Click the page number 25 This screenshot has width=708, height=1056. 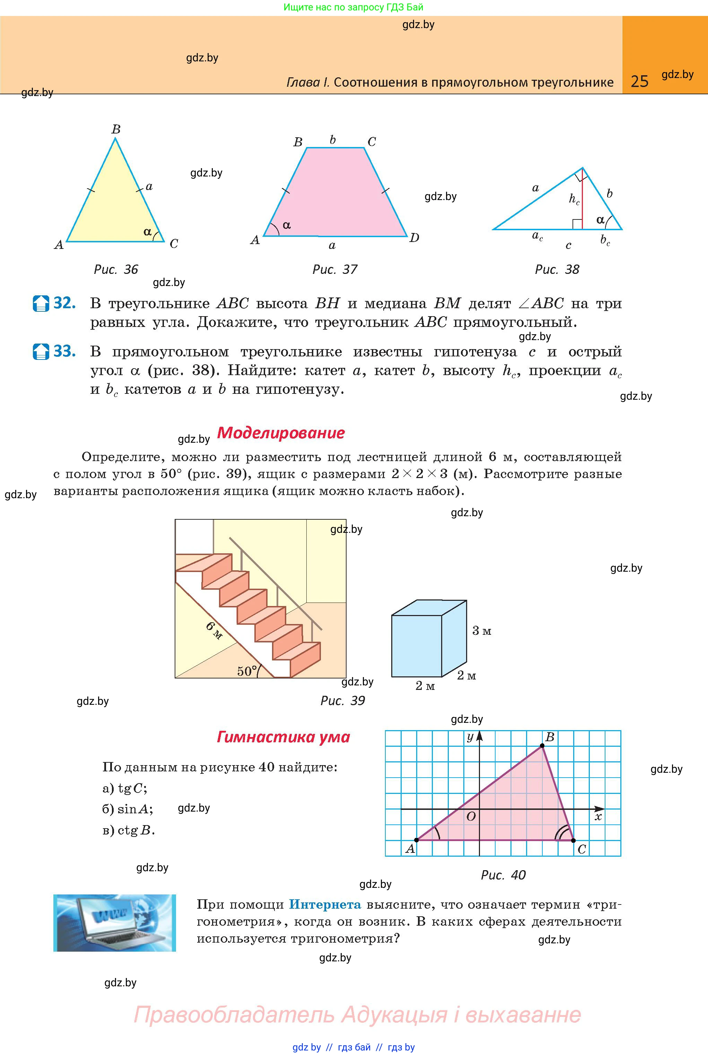[x=639, y=81]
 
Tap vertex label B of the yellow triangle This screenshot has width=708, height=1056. [x=116, y=129]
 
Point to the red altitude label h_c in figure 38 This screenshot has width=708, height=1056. [x=574, y=199]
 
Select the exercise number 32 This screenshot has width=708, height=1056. [x=64, y=303]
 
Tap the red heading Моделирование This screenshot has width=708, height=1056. [x=281, y=433]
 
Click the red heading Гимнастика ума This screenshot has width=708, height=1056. [x=283, y=737]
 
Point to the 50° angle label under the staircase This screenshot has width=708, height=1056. [x=247, y=671]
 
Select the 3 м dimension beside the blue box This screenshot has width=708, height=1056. [x=481, y=631]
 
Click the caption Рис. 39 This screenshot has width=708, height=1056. [x=342, y=701]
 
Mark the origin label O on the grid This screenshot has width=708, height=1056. [x=471, y=817]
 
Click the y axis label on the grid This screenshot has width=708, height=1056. [x=470, y=737]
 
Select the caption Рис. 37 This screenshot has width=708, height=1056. [x=334, y=270]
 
